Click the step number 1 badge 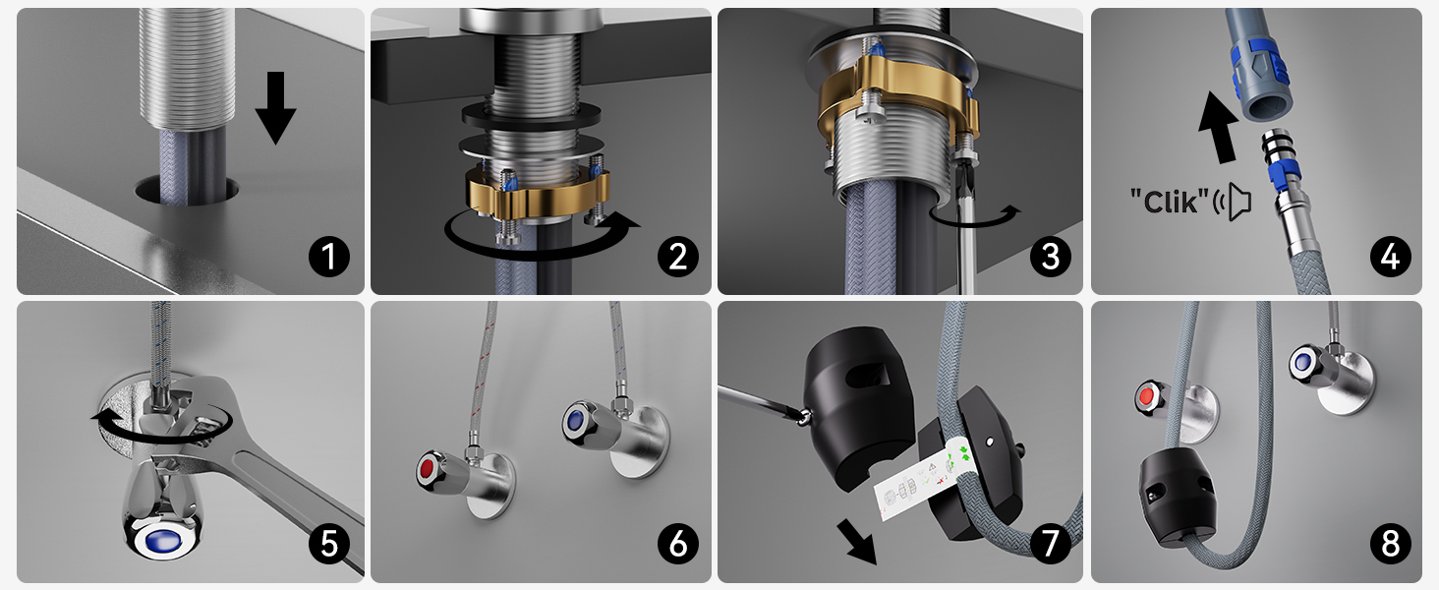pos(329,257)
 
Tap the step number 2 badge pos(678,257)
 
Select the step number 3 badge pos(1051,257)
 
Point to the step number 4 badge pos(1391,257)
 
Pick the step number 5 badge pos(329,544)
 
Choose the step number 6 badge pos(678,544)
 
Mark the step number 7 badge pos(1051,544)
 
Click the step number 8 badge pos(1391,544)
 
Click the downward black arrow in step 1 pos(275,107)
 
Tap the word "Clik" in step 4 pos(1170,202)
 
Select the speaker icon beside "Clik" pos(1233,202)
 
